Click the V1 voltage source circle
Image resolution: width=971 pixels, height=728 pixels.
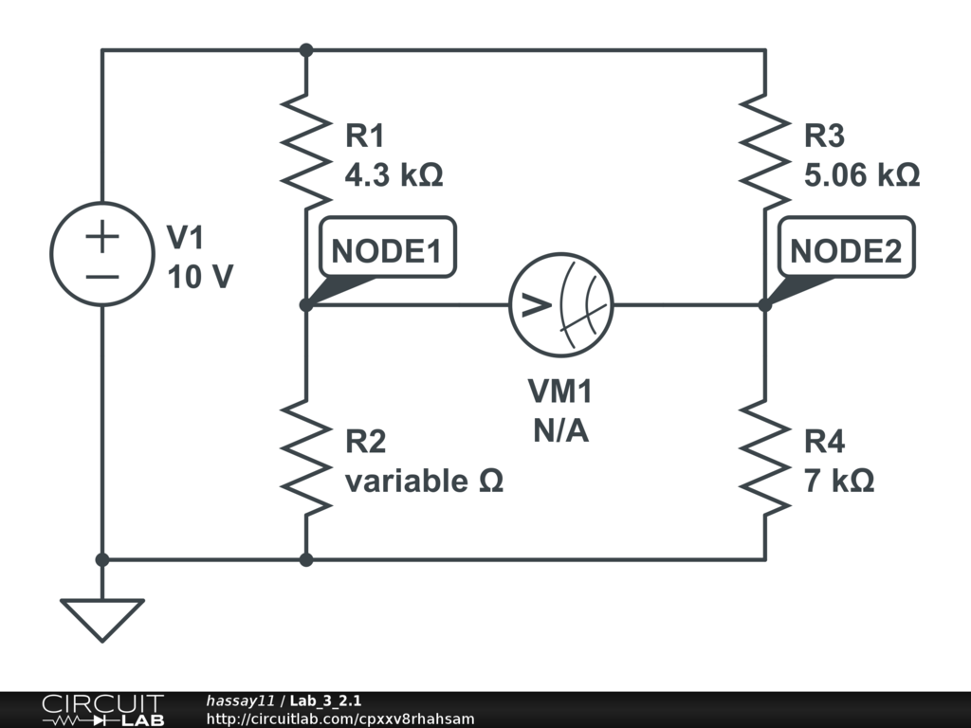[101, 254]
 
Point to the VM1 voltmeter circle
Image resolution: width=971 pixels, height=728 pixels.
[560, 305]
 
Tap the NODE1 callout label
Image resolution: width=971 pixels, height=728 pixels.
[386, 249]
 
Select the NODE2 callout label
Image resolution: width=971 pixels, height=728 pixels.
[846, 249]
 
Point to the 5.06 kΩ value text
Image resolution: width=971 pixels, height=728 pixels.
[862, 176]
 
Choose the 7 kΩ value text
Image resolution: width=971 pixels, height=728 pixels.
[839, 482]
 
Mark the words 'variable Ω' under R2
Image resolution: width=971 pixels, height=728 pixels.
[424, 482]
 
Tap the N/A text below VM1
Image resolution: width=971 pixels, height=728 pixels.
[560, 432]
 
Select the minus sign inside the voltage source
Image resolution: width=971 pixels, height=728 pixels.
[101, 277]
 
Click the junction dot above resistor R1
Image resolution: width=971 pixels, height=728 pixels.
[306, 49]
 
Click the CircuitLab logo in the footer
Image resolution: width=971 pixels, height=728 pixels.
[102, 710]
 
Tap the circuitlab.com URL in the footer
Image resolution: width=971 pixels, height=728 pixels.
[340, 719]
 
